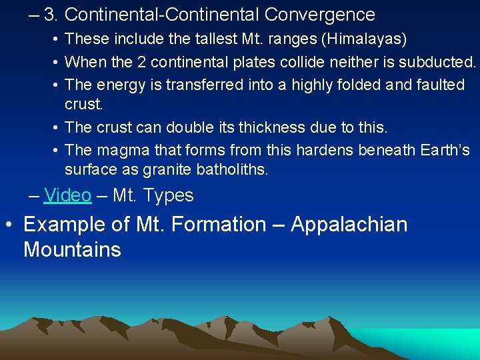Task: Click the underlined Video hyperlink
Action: [x=67, y=195]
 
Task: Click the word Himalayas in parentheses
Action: [x=363, y=39]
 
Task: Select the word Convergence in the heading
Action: [x=320, y=14]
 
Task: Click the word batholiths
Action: [x=232, y=170]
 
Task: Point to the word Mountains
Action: [x=72, y=250]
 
